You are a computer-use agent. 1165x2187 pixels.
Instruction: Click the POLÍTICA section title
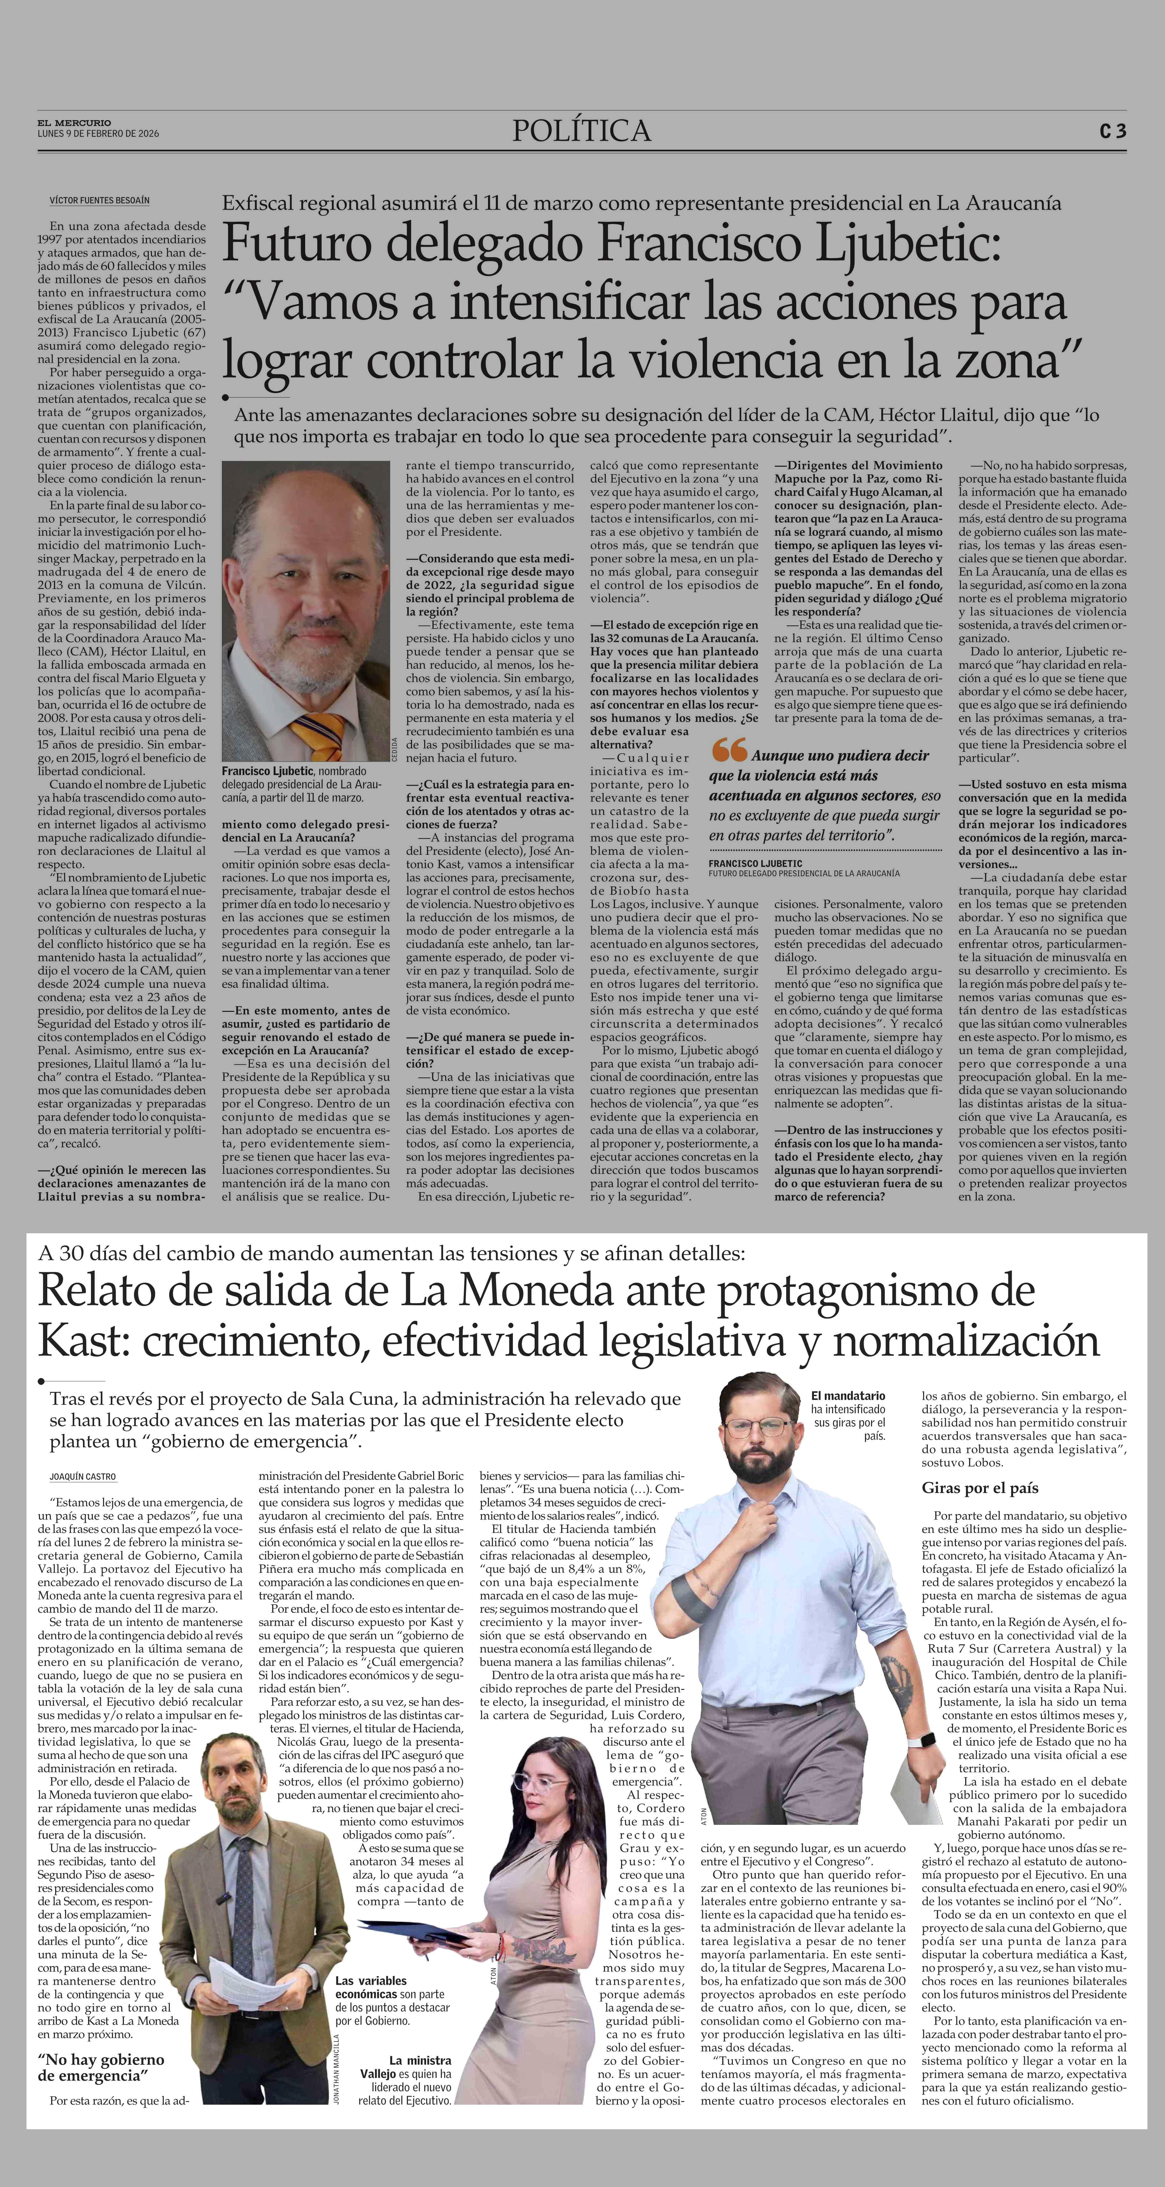[582, 131]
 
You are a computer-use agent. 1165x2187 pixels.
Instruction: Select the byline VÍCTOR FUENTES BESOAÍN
[99, 200]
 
